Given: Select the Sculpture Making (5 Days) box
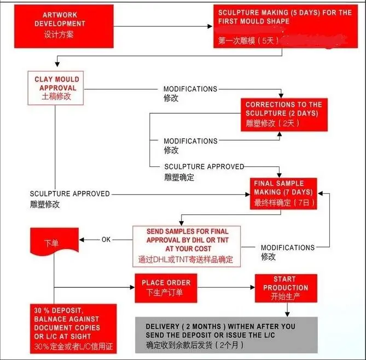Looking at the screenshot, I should tap(283, 26).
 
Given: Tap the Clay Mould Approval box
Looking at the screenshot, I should tap(55, 88).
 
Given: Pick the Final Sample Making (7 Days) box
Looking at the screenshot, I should tap(283, 193).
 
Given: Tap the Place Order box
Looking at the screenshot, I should tap(166, 287).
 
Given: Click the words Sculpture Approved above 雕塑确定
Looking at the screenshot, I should tap(204, 166).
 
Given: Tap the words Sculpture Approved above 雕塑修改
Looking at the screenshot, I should tap(70, 194).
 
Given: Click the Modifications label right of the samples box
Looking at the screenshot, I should tap(287, 247).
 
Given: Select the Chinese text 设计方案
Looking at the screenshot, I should tap(60, 34).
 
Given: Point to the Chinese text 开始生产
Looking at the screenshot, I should tap(285, 297).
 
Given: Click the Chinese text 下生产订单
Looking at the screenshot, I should tap(165, 293).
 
